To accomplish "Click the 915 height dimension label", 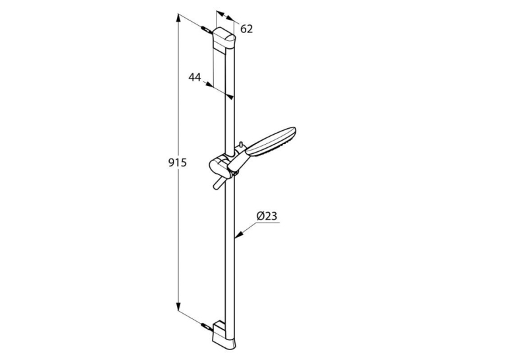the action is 178,162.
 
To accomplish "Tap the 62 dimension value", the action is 247,29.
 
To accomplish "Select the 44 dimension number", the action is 195,77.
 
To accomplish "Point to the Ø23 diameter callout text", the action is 267,216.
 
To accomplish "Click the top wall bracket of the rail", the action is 224,40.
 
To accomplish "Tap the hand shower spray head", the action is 271,142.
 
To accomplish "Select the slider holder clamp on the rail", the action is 220,164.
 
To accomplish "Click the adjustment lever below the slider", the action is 217,183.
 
